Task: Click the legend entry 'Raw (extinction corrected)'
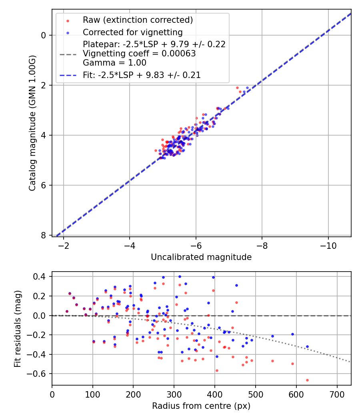point(138,20)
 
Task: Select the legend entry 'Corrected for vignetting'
point(132,32)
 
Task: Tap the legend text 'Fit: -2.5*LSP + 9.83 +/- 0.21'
point(142,75)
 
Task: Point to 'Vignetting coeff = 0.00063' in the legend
point(139,54)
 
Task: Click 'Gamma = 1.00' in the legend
point(114,63)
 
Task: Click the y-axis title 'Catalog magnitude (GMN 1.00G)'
point(33,123)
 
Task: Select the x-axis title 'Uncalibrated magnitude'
point(201,257)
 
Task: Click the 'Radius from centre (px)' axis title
point(201,406)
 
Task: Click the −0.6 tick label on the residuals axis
point(40,374)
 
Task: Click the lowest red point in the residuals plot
point(307,380)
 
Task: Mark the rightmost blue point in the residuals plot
point(307,346)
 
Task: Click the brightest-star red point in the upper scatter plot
point(237,88)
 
